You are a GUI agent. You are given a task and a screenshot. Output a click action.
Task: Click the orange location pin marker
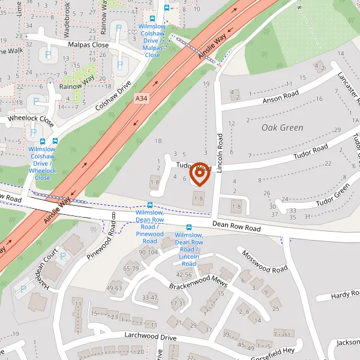199,173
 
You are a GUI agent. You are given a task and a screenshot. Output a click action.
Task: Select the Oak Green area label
282,128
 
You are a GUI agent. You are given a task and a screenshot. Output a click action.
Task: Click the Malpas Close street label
88,45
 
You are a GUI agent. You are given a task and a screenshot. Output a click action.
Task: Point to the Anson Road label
280,95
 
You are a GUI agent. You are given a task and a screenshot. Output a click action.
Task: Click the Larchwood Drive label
151,338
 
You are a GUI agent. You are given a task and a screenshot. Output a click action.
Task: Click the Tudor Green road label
334,193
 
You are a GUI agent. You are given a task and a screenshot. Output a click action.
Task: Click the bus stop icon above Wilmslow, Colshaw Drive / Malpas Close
167,8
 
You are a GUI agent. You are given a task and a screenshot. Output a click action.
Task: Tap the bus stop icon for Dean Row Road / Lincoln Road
189,227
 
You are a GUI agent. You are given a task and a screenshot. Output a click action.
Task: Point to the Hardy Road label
346,295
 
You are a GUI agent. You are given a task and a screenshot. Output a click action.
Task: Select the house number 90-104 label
148,253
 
